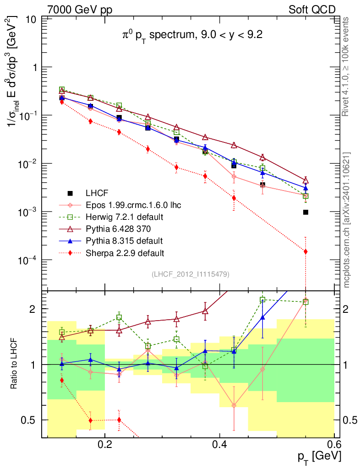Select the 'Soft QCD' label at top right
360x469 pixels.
coord(312,10)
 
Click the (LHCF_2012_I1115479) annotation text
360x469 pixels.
coord(190,274)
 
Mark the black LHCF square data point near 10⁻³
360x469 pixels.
coord(305,212)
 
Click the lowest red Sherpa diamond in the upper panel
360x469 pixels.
coord(305,251)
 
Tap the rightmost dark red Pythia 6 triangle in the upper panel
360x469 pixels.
coord(305,180)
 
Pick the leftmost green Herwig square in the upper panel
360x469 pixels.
coord(62,90)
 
